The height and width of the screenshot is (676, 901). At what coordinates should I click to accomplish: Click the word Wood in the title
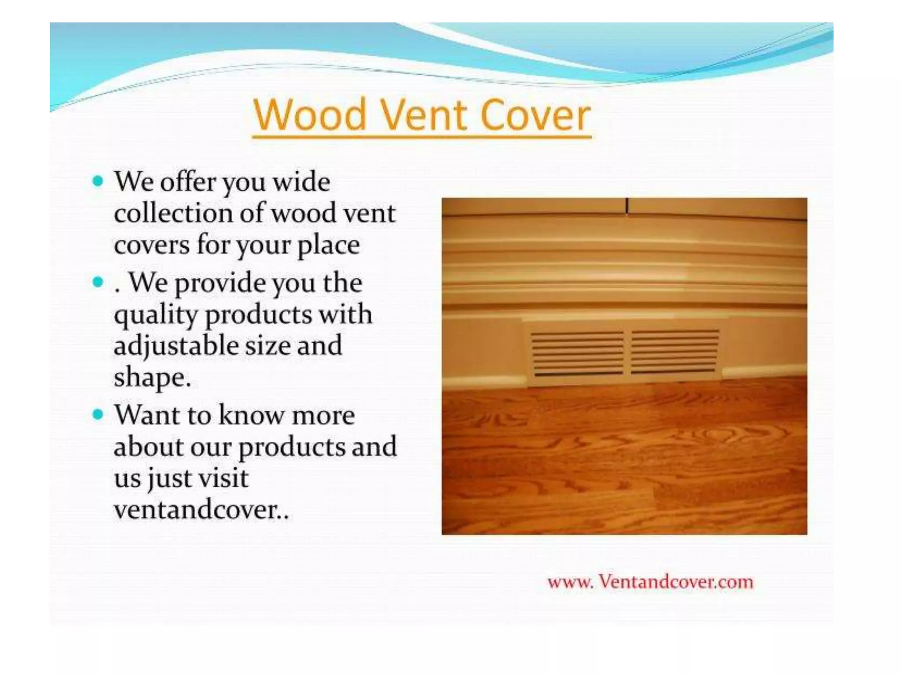tap(310, 115)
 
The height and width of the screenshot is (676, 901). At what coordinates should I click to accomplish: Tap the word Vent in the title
tap(423, 115)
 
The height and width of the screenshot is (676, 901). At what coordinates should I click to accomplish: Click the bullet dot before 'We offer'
tap(98, 181)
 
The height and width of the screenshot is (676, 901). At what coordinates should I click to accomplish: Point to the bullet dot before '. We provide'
tap(98, 282)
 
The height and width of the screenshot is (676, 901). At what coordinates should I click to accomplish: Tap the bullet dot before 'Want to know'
tap(98, 414)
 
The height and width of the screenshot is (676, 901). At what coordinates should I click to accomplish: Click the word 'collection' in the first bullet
tap(173, 213)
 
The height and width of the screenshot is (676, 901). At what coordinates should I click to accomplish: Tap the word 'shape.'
tap(152, 378)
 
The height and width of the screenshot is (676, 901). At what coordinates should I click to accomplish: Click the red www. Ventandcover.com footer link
tap(650, 582)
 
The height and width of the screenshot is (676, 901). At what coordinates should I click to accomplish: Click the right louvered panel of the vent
tap(675, 351)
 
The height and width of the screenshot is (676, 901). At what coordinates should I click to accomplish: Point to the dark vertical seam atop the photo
tap(627, 206)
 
